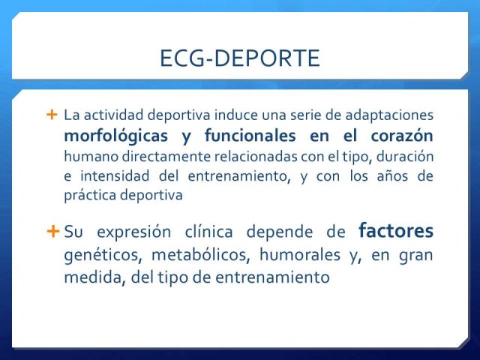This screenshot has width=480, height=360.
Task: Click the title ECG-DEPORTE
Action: click(x=240, y=58)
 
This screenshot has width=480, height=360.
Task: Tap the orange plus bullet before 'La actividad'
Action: click(x=52, y=115)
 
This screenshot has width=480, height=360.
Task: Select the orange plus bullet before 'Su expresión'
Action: click(x=53, y=231)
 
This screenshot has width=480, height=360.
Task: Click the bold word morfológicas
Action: click(x=116, y=136)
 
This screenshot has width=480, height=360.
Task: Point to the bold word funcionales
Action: click(x=250, y=135)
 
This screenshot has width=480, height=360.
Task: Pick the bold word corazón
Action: click(x=402, y=136)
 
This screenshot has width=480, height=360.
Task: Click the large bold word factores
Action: click(x=396, y=230)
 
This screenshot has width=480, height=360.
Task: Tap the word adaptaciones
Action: click(x=389, y=115)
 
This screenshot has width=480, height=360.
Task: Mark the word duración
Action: click(x=405, y=157)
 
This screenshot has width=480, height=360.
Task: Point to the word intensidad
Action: click(x=115, y=176)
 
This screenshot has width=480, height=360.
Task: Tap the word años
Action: click(x=392, y=176)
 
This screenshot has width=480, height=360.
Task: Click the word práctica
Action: click(x=90, y=196)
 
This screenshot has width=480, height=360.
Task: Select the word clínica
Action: click(x=208, y=231)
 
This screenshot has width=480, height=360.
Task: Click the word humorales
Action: click(x=300, y=254)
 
